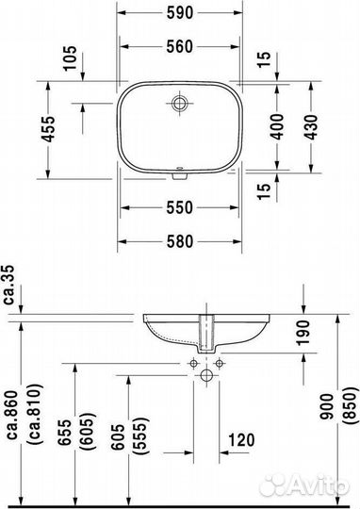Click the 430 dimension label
pos(306,127)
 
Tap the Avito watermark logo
pos(310,483)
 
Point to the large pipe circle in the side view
pos(205,377)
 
